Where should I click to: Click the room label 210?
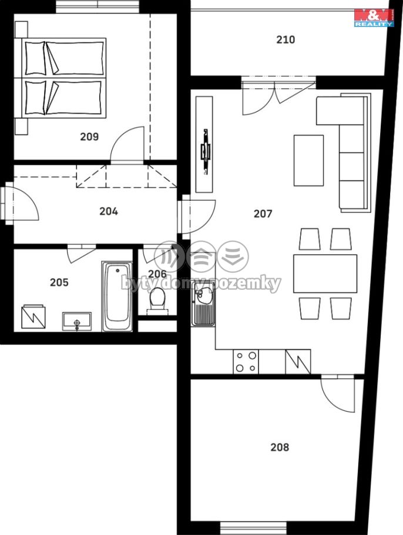click(x=286, y=39)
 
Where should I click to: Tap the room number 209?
click(x=89, y=137)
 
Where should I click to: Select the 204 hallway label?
click(x=109, y=211)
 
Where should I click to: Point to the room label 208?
click(x=280, y=447)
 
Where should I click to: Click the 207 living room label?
click(x=263, y=214)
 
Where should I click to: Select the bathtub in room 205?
click(x=117, y=296)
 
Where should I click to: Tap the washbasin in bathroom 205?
click(x=77, y=321)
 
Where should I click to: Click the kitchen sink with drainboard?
click(x=203, y=303)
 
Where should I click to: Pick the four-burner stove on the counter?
click(x=246, y=362)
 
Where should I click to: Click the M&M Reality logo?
click(x=374, y=18)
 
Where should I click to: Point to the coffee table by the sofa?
click(x=308, y=160)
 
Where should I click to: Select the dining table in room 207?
click(x=325, y=273)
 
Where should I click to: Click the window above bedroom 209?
click(x=98, y=6)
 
